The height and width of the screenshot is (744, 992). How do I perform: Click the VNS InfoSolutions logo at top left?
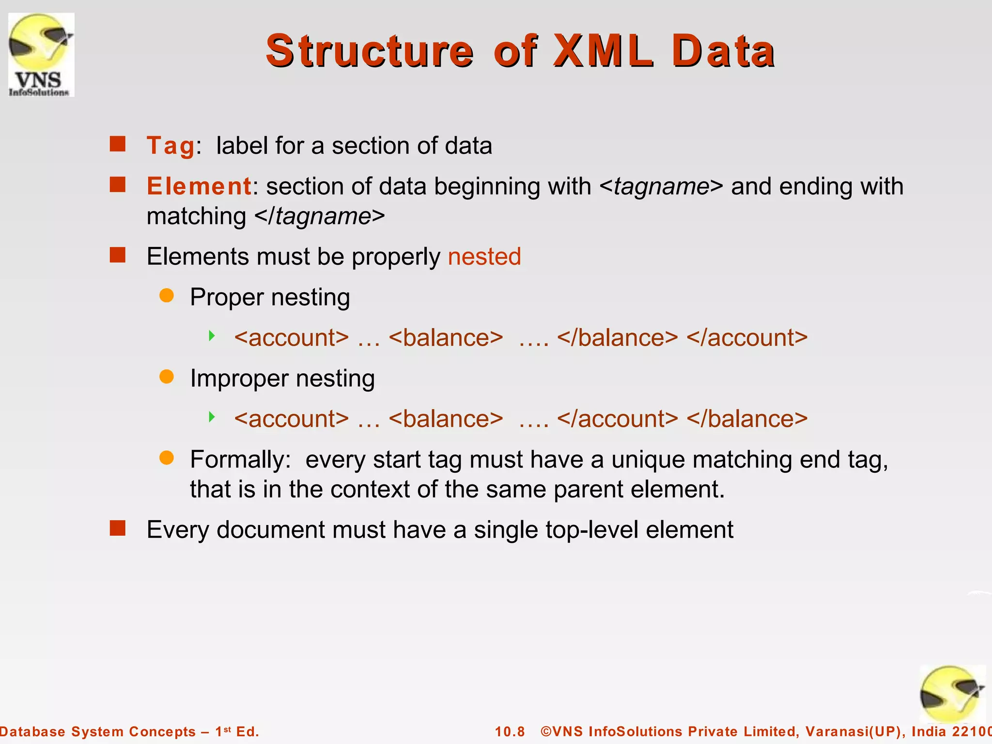(x=41, y=55)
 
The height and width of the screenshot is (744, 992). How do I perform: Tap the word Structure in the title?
(x=370, y=51)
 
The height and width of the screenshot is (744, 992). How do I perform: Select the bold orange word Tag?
(x=170, y=146)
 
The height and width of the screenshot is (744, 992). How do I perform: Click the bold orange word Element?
(x=199, y=186)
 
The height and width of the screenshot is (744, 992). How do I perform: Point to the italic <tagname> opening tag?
(x=661, y=186)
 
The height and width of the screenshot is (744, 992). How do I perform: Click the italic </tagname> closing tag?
(x=320, y=217)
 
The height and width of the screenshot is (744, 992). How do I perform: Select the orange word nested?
(x=484, y=257)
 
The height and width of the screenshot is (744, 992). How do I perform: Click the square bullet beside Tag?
(x=118, y=144)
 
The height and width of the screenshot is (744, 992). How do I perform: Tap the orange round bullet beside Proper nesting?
(x=167, y=295)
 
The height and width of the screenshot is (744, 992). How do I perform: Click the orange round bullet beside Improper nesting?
(x=167, y=377)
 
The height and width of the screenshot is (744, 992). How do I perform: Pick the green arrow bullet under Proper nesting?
(x=212, y=336)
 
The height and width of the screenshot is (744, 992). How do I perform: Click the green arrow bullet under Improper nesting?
(x=212, y=417)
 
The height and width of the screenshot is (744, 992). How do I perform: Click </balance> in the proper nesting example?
(x=618, y=338)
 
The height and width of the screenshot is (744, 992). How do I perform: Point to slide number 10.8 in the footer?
(x=510, y=731)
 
